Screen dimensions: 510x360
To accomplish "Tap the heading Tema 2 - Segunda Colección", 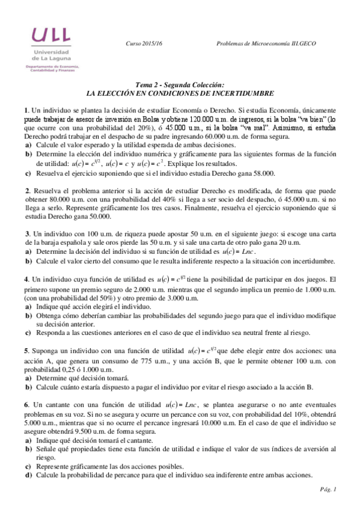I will (x=180, y=86).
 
